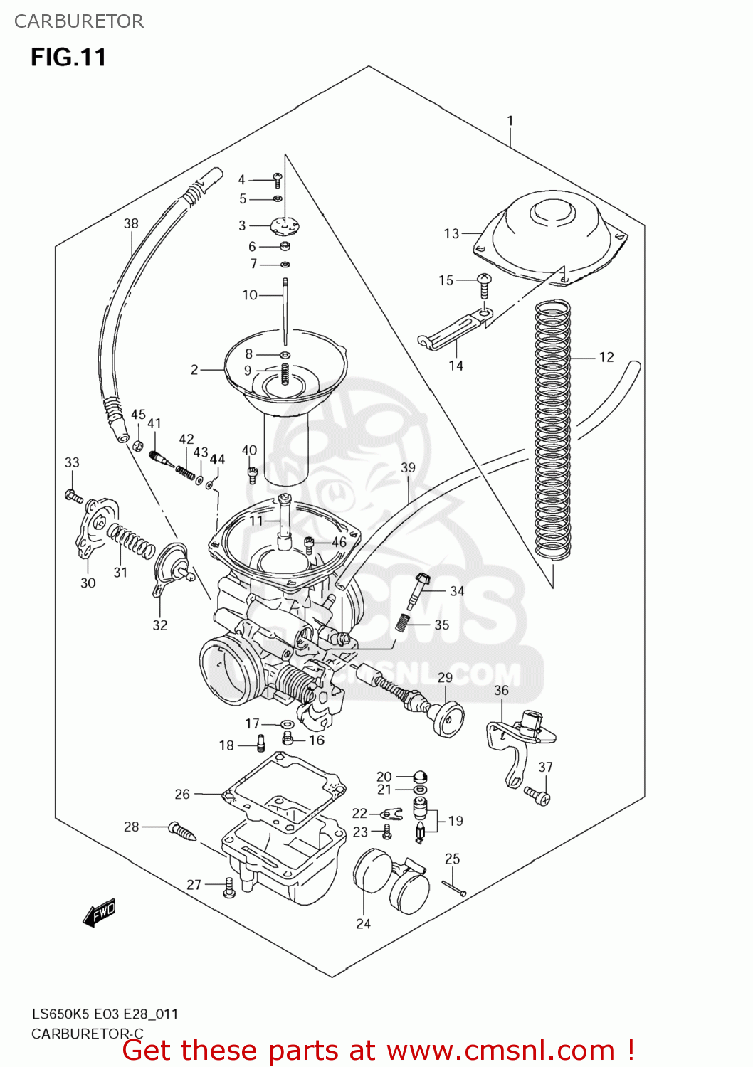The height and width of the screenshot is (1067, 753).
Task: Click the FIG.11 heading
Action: (x=68, y=57)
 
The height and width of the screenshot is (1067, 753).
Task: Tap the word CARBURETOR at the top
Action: (x=79, y=21)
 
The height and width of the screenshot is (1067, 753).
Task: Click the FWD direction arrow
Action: (x=99, y=913)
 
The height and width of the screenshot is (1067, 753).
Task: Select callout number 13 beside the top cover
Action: (x=451, y=233)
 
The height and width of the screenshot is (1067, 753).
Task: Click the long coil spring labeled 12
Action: (x=553, y=427)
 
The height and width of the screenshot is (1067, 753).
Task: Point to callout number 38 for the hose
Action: (x=131, y=223)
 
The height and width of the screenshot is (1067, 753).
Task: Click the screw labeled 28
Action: (x=182, y=830)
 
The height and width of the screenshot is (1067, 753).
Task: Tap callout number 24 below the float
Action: (x=363, y=923)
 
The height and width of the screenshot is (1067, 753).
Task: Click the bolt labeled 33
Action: (x=73, y=495)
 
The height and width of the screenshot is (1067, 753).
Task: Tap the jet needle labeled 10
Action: (x=285, y=313)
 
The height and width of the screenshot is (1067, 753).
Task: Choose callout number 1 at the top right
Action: (x=510, y=121)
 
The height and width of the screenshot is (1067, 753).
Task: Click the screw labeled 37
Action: (x=538, y=795)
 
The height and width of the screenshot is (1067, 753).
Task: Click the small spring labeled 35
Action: (x=403, y=622)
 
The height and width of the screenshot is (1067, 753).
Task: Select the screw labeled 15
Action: (x=484, y=285)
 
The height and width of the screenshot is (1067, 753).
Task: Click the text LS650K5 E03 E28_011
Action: (x=105, y=1014)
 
